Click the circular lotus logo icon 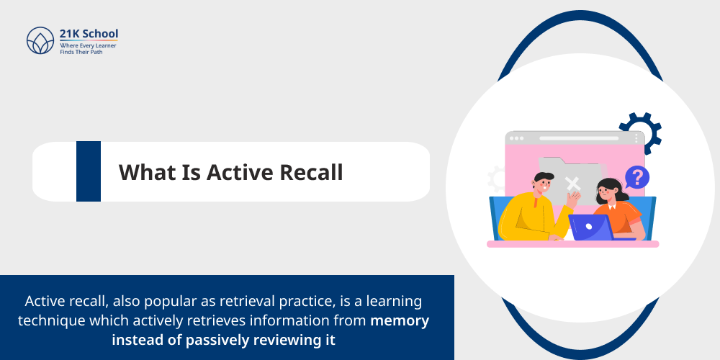click(x=40, y=41)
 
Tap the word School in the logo click(x=100, y=34)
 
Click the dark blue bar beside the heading click(x=89, y=171)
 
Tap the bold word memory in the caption click(x=400, y=320)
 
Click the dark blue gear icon click(x=639, y=134)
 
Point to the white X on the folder click(x=572, y=183)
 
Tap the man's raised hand click(x=572, y=197)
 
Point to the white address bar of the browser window click(x=569, y=138)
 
